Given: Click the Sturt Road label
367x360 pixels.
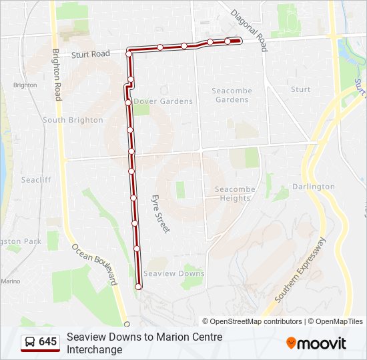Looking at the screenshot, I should [x=91, y=53].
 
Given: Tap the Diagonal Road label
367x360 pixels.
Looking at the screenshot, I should [x=248, y=30].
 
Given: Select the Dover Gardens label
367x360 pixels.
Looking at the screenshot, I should [x=163, y=101].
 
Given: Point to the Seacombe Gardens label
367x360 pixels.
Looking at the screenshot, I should [x=230, y=95].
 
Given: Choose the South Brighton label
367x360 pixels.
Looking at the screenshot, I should [x=73, y=120].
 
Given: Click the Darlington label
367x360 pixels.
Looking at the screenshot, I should [x=313, y=187].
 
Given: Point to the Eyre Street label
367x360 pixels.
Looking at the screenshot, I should [x=161, y=213].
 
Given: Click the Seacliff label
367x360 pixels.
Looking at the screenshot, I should [x=35, y=180].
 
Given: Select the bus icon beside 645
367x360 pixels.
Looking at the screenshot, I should [x=31, y=342].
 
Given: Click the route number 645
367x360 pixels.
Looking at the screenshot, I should [x=48, y=342].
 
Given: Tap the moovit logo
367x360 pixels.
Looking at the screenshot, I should [x=316, y=343].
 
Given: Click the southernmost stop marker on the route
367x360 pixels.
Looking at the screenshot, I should [x=139, y=287].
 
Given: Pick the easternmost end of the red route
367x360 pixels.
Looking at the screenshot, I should [x=238, y=41].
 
